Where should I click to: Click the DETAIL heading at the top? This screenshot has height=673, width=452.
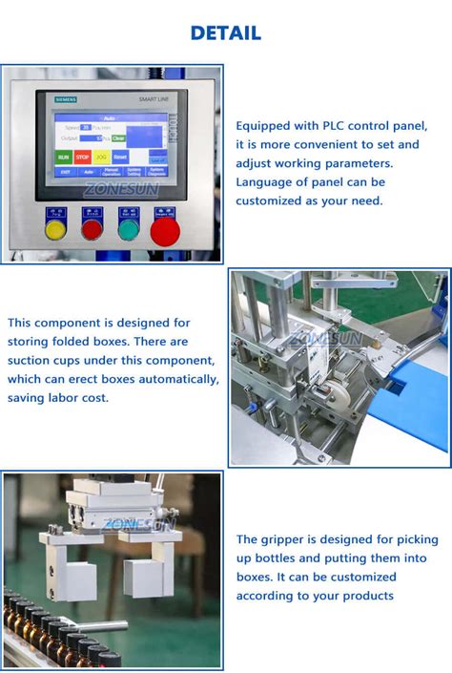pos(225,32)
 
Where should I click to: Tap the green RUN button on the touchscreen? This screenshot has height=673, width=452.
pos(63,156)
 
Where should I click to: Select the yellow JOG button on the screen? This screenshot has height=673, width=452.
pos(101,156)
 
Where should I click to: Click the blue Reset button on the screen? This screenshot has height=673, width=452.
pos(120,156)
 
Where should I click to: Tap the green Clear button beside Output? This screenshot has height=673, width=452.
pos(118,138)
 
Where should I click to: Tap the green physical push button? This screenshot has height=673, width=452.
pos(128,228)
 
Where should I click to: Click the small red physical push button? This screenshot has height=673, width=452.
pos(92,228)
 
